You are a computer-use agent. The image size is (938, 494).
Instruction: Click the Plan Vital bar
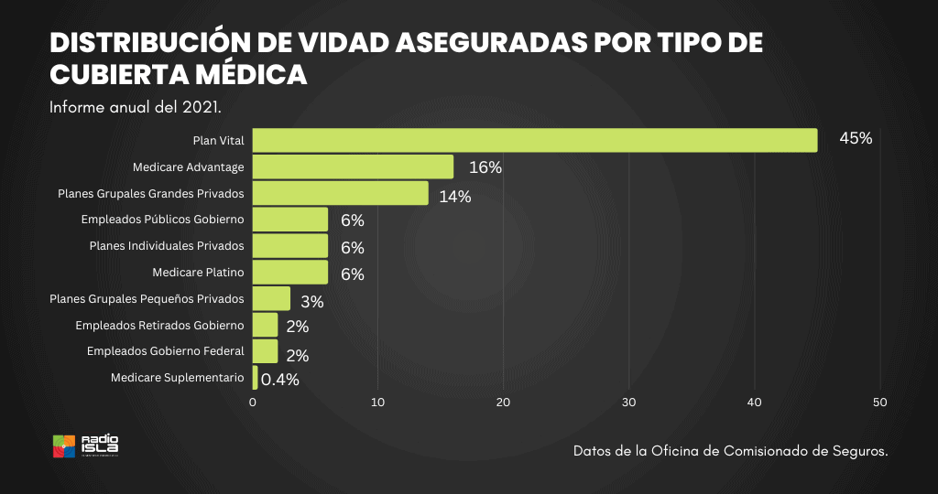[535, 140]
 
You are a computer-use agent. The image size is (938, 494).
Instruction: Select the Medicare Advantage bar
[353, 166]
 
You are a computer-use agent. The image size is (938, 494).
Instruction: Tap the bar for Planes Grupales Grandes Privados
[340, 193]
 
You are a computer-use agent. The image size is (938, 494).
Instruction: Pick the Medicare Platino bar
[289, 273]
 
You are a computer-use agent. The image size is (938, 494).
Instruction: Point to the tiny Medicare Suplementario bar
[255, 378]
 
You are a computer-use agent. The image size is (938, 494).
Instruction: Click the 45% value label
[856, 138]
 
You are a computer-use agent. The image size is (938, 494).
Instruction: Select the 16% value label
[485, 167]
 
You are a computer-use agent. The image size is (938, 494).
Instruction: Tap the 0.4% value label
[280, 380]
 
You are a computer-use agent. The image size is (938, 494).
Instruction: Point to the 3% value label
[312, 301]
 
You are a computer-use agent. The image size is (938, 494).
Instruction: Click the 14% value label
[454, 196]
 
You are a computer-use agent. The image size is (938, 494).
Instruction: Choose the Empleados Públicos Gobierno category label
[162, 220]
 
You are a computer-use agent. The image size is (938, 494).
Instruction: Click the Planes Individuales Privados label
[167, 246]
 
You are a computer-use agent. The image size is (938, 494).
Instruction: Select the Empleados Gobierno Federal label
[165, 351]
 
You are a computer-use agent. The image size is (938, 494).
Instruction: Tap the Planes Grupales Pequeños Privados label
[147, 299]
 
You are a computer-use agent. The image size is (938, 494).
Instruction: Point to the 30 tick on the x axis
[628, 401]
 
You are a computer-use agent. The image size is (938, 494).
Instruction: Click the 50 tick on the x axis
[880, 401]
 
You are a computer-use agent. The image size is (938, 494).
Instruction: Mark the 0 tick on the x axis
[253, 401]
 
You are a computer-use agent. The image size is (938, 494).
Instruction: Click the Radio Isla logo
[85, 446]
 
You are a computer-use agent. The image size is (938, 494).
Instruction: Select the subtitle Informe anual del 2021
[135, 107]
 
